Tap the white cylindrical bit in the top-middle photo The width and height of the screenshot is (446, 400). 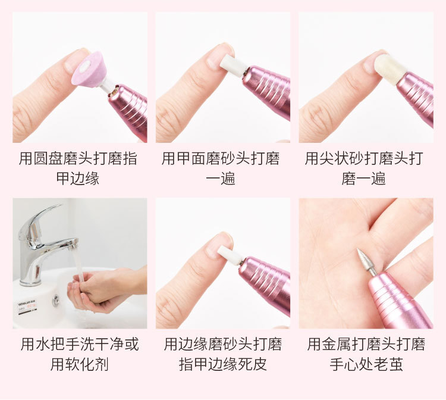point(232,65)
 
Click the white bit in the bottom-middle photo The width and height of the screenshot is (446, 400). point(230,255)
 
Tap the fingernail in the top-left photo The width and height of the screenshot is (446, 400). point(73,62)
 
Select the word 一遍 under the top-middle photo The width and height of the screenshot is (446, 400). point(221,179)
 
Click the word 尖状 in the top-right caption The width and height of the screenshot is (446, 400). point(334,158)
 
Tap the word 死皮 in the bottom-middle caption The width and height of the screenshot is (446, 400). point(252,364)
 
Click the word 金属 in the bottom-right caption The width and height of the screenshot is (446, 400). point(337,344)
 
